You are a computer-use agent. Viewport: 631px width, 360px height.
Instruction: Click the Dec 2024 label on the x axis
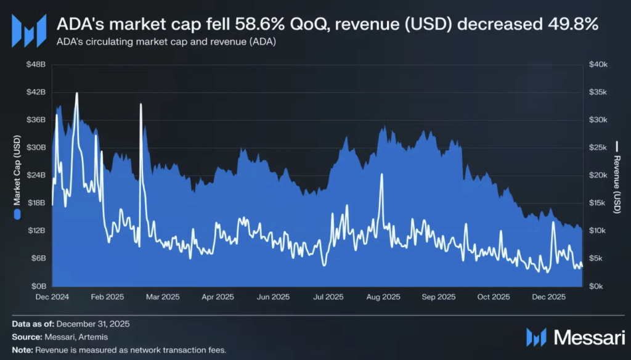(52, 297)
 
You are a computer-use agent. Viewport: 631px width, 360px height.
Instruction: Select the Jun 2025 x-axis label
(273, 297)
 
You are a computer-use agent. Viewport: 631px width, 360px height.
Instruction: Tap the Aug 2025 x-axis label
(383, 297)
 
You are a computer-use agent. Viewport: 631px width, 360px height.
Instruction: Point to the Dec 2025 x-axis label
(549, 297)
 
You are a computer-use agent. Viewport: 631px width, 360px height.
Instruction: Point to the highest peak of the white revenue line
(76, 93)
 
